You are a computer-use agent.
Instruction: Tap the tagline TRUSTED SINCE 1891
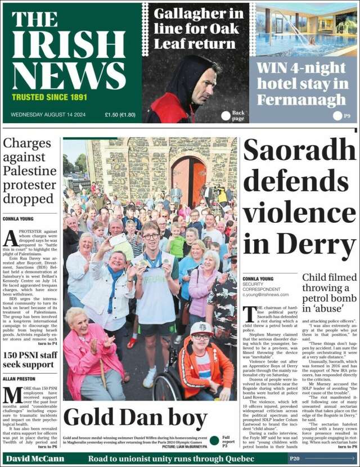(49, 97)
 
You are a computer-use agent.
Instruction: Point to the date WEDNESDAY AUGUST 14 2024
(48, 115)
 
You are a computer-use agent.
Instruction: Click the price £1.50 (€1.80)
(120, 115)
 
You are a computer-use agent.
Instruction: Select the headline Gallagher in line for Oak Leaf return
(199, 28)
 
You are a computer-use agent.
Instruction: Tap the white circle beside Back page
(226, 115)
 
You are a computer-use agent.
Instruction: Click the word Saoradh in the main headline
(299, 151)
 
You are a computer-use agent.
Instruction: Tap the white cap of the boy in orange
(201, 327)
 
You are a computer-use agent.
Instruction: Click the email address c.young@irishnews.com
(265, 294)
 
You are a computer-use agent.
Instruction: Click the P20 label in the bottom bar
(295, 459)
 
